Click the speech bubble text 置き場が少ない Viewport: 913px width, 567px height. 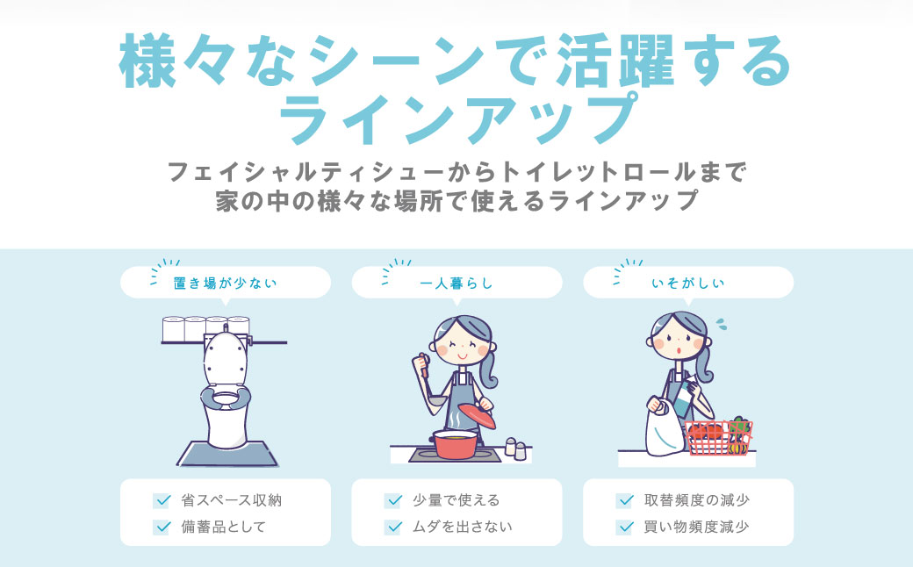226,283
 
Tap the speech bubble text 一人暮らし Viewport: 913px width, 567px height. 456,283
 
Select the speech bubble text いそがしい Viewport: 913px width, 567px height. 688,283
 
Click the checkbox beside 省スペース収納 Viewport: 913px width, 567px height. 162,501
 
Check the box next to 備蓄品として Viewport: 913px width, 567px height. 162,528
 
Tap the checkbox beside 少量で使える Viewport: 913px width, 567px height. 392,501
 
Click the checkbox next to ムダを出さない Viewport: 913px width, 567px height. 392,528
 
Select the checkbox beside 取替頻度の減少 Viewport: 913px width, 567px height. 624,501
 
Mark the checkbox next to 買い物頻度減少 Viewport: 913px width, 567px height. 624,528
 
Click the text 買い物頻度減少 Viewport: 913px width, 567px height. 696,528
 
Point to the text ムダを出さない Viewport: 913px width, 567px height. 462,528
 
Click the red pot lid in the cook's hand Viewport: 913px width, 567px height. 475,413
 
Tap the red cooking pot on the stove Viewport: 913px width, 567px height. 454,444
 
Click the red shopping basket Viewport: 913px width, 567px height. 717,437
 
